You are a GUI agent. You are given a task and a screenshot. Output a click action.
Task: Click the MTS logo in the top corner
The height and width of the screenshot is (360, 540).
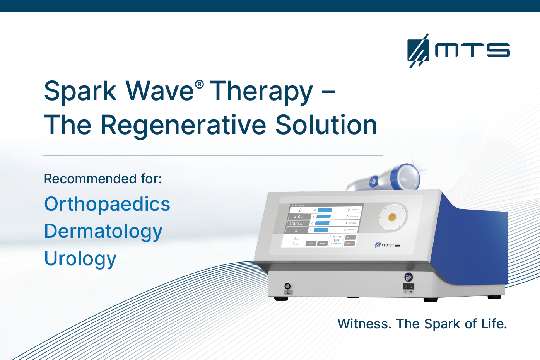coord(458,51)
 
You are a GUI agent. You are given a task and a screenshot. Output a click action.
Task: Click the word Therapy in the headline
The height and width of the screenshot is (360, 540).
coord(261,92)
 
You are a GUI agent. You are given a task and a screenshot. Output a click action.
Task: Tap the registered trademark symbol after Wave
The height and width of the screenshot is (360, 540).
coord(199,84)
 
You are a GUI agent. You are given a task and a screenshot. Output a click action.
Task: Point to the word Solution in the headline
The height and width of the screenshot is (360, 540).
coord(326,125)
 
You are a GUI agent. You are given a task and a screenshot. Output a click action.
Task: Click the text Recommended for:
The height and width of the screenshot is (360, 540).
coord(103,179)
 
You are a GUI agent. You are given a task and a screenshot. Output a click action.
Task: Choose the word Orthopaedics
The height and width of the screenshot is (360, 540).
coord(107,204)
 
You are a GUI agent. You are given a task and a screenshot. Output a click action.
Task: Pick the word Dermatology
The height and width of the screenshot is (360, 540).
coord(103,232)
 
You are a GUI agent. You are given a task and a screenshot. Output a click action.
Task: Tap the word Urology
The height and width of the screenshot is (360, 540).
coord(80,259)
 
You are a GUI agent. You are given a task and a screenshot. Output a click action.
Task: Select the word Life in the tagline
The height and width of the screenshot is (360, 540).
coord(494,324)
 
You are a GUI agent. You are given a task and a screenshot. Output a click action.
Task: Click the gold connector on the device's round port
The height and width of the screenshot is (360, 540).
coord(392,217)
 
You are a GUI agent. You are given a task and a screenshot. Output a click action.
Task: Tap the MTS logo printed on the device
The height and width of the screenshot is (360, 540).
coord(388,245)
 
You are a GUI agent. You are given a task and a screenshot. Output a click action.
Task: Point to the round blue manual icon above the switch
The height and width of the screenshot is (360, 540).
coord(408,277)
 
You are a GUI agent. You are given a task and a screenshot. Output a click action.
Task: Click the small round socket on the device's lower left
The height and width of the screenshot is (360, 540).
coord(287,286)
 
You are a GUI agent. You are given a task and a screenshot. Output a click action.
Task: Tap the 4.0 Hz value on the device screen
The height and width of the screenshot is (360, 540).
coord(298,217)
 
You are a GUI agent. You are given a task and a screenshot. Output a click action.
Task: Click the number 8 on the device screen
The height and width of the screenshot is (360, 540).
coord(300,210)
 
